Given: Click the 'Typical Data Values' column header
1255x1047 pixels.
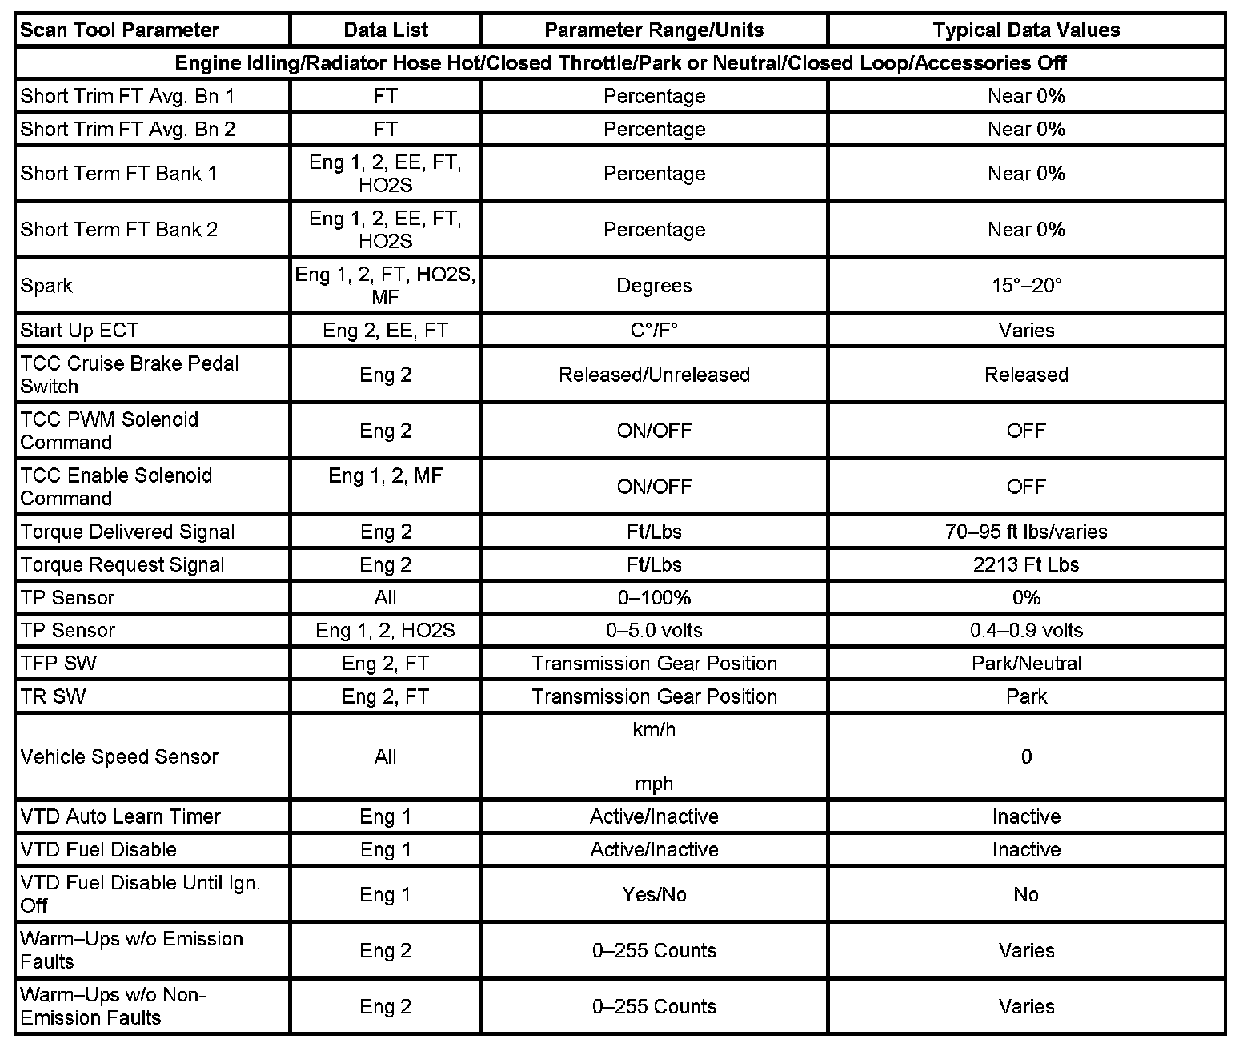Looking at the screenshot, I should tap(1026, 30).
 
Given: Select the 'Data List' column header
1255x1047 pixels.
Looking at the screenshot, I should tap(385, 30).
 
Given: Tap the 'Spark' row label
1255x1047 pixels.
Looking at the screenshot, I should tap(46, 286).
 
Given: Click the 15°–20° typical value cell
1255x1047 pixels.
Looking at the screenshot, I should tap(1026, 286).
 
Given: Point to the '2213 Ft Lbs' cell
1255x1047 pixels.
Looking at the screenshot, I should tap(1026, 565).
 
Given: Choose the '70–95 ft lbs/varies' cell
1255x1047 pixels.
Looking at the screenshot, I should tap(1026, 532).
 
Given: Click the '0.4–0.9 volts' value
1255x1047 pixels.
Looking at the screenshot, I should tap(1026, 631).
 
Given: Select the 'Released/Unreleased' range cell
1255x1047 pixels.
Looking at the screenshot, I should tap(654, 375).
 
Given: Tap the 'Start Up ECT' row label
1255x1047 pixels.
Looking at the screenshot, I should tap(79, 331).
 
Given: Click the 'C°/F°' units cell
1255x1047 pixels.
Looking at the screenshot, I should tap(654, 331).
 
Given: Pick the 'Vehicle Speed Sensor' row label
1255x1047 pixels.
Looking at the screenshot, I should tap(119, 757).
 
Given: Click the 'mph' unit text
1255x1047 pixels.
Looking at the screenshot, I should tap(654, 784).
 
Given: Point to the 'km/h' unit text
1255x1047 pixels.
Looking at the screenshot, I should tap(654, 730).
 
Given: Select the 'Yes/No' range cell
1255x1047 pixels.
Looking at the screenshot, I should tap(654, 894).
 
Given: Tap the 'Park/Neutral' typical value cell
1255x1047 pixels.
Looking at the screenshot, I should tap(1026, 664).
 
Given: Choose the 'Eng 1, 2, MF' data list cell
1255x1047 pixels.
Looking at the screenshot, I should tap(385, 476).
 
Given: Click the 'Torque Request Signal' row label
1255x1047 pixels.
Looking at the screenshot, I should tap(122, 565).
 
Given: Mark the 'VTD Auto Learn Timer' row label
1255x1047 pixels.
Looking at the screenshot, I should tap(120, 817).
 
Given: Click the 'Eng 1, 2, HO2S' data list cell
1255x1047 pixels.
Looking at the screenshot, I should tap(385, 631).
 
